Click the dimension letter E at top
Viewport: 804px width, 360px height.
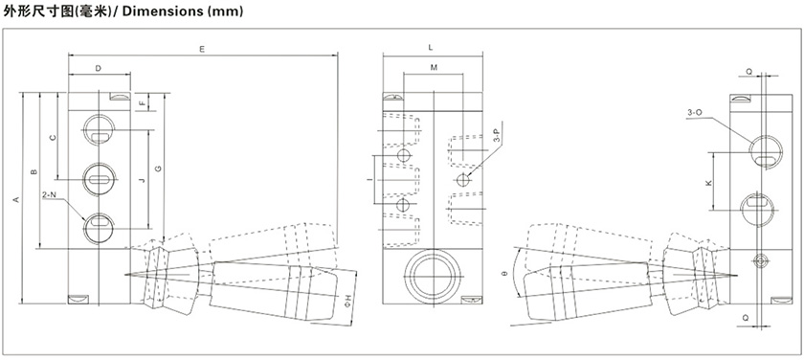pos(202,49)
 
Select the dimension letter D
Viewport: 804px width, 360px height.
pos(99,68)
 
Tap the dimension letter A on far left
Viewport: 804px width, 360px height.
pos(15,199)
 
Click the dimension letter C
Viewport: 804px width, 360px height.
pos(52,138)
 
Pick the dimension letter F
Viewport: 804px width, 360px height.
pos(143,102)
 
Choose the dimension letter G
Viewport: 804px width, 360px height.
pos(158,169)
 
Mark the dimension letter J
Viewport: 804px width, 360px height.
pos(142,180)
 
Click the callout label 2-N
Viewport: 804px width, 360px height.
pos(49,194)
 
